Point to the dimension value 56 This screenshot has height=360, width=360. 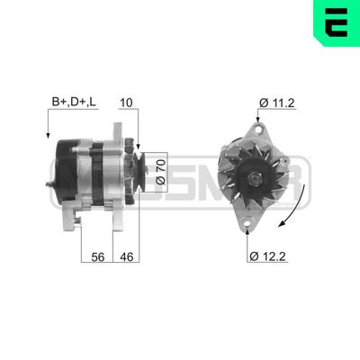pos(97,257)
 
